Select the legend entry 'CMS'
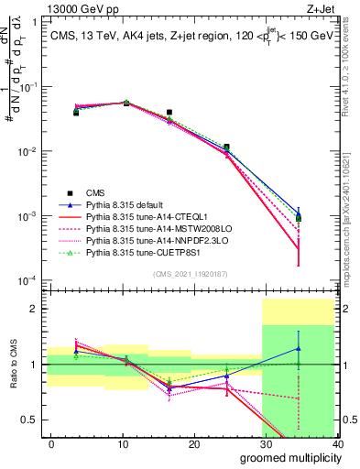tap(95, 191)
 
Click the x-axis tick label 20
tap(194, 444)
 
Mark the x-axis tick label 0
tap(51, 444)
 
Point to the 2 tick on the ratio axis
tap(35, 309)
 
